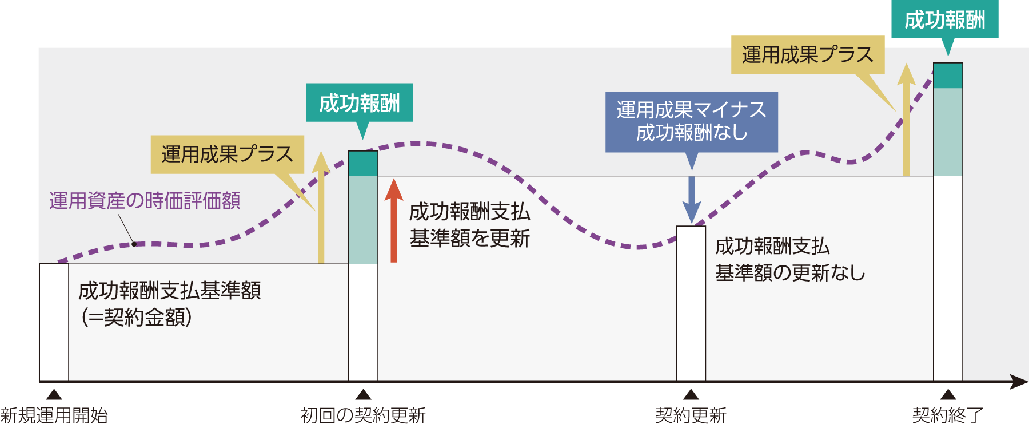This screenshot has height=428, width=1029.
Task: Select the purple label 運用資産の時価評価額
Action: pos(145,201)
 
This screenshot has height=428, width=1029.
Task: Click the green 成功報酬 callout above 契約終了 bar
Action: pos(944,20)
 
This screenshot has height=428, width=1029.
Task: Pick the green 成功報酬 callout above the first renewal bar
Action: pos(360,103)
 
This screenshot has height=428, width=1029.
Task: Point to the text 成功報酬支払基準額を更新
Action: pos(470,225)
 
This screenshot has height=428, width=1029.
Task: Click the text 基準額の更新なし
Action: pos(790,273)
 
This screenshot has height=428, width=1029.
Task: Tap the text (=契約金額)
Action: pos(137,317)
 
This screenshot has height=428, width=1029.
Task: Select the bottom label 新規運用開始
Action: pos(54,415)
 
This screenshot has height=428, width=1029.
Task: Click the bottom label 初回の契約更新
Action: pos(363,415)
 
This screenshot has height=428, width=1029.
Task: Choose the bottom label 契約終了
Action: pos(947,415)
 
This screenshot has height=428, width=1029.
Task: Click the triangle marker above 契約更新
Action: pos(691,394)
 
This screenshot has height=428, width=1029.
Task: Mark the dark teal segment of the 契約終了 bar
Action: pos(948,76)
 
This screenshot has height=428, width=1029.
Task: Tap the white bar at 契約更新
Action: pos(691,303)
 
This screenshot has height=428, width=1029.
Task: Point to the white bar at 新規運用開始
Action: pos(54,322)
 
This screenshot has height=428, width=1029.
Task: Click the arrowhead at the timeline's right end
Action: pos(1018,382)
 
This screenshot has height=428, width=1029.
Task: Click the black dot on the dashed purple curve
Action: pos(134,244)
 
